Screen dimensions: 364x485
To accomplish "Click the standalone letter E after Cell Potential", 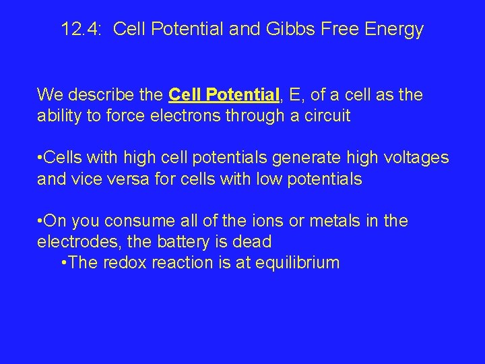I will tap(292, 95).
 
